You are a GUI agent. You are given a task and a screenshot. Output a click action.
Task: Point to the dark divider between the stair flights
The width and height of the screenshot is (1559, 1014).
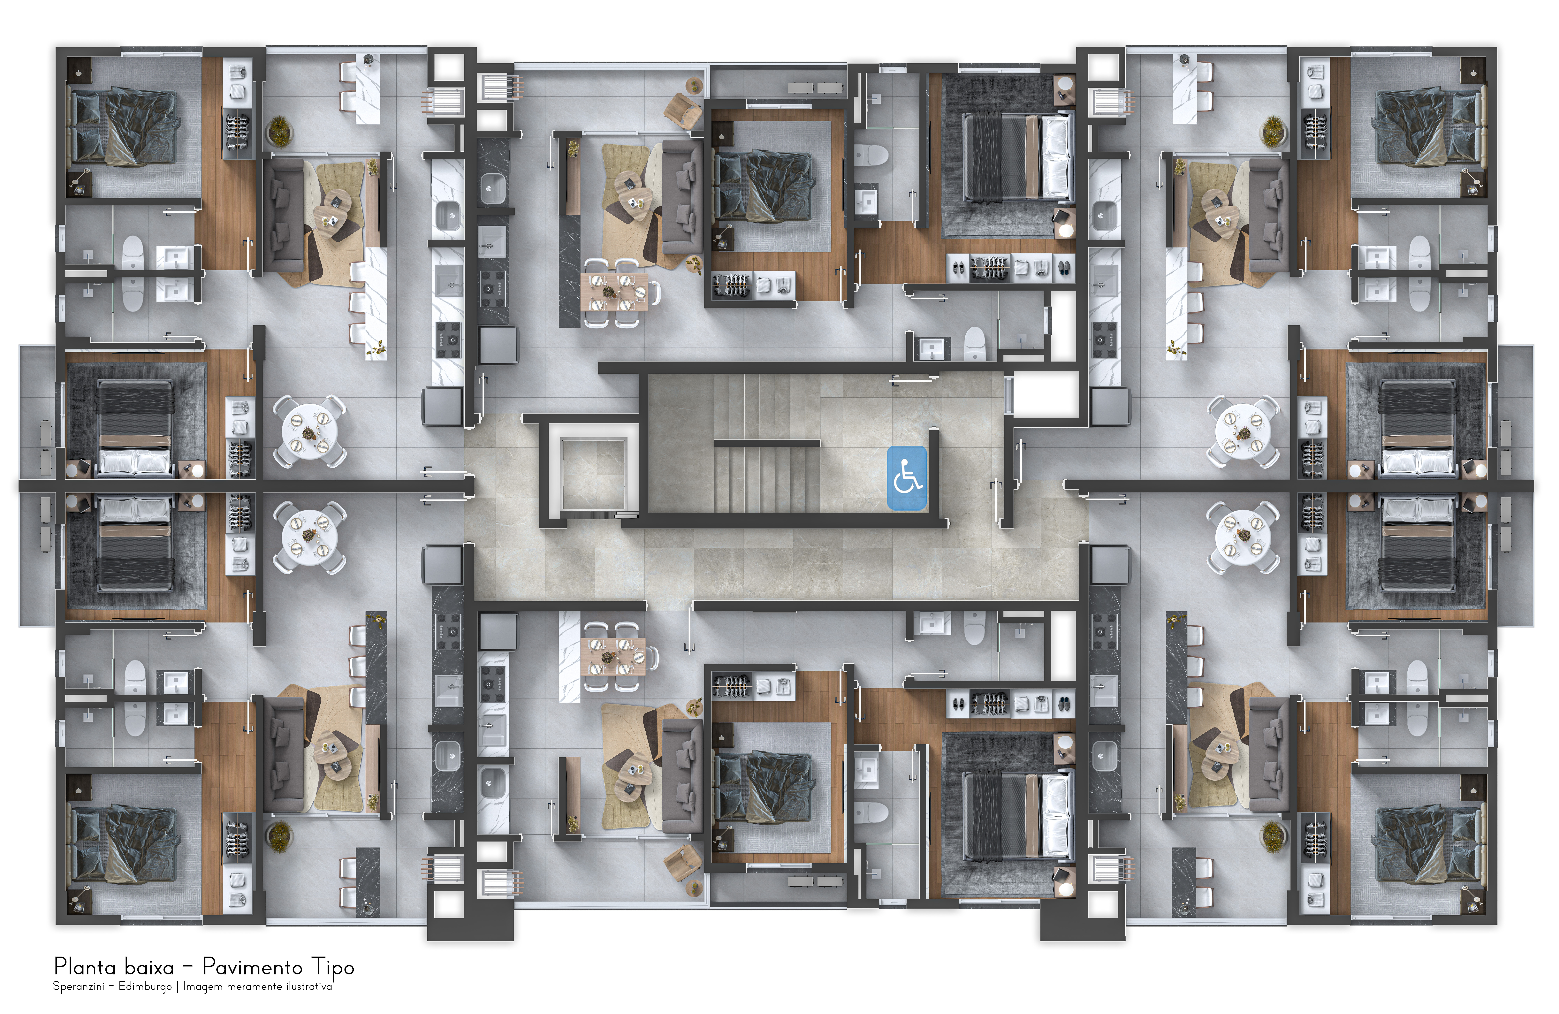coord(766,443)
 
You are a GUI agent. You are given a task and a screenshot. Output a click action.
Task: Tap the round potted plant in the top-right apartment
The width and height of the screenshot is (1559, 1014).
coord(1273,130)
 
